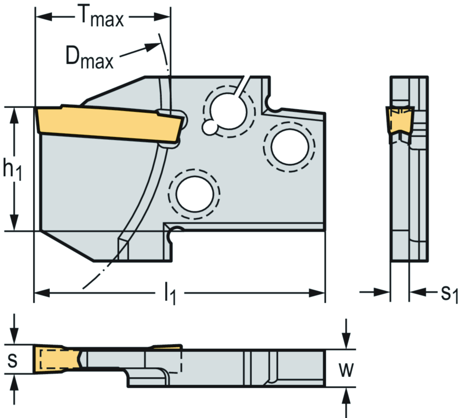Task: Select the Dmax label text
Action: coord(89,58)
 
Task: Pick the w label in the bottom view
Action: coord(347,370)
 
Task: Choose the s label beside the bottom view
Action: coord(13,361)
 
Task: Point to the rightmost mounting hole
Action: coord(289,145)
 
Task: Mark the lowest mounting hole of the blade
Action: coord(194,194)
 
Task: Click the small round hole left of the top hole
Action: coord(209,127)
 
